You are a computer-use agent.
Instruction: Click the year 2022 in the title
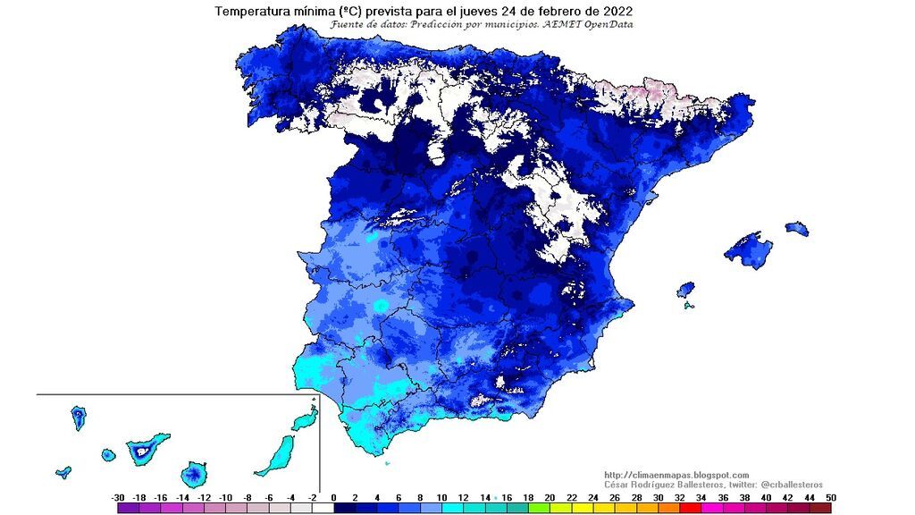[617, 11]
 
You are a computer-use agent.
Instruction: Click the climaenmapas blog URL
[676, 475]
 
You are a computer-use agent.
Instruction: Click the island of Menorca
[797, 228]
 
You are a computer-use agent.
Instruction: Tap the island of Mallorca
[748, 250]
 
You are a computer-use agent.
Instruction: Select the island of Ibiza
[685, 291]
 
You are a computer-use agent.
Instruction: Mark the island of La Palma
[79, 416]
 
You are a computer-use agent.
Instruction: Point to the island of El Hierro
[63, 471]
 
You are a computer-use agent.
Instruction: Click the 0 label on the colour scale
[333, 497]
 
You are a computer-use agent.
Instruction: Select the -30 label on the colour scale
[117, 497]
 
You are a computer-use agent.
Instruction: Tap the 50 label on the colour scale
[831, 497]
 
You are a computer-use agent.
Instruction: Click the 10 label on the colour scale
[441, 497]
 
